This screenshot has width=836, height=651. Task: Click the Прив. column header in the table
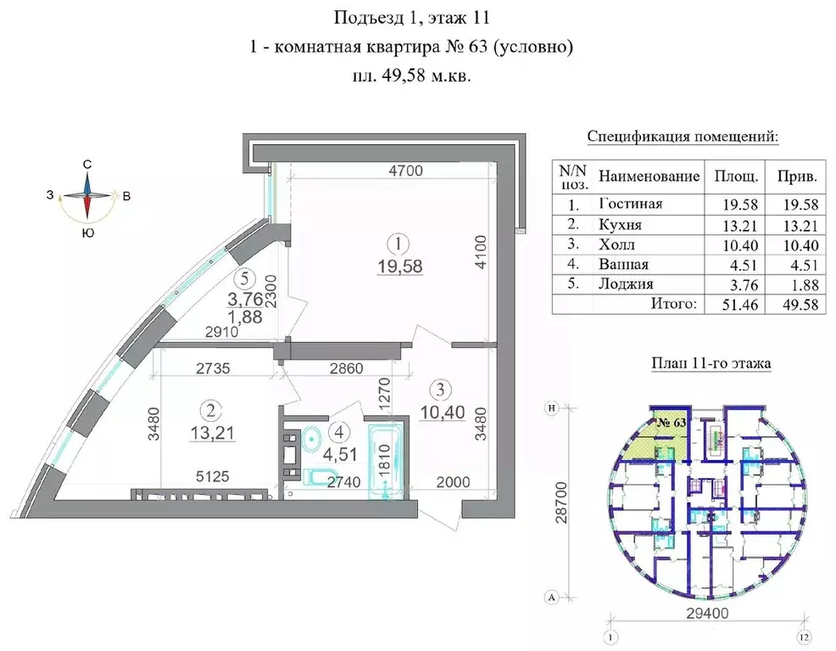(x=796, y=177)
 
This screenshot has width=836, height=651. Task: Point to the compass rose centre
(x=87, y=196)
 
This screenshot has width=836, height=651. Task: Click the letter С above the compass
(x=87, y=165)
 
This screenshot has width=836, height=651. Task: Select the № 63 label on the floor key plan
(x=672, y=420)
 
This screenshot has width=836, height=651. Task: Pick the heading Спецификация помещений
(x=683, y=137)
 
